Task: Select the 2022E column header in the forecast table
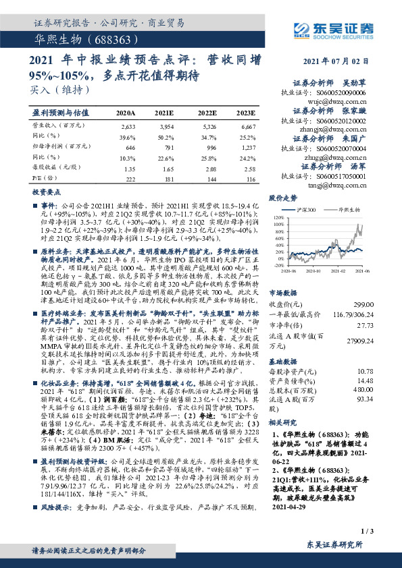click(x=207, y=112)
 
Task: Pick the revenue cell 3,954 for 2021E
click(x=166, y=126)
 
